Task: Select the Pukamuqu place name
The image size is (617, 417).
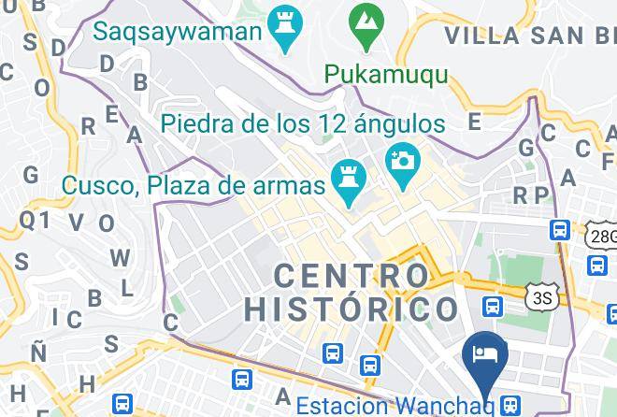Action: (385, 74)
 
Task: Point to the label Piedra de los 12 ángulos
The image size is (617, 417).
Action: (302, 123)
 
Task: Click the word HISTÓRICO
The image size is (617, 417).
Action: (352, 309)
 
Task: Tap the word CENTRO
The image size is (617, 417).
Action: (352, 276)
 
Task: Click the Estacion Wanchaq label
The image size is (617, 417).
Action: (395, 406)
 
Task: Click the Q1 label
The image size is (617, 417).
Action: (35, 221)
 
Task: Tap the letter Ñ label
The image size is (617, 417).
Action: (38, 351)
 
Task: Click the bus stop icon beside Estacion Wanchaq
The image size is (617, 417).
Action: (509, 405)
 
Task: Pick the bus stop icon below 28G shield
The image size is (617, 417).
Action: (597, 266)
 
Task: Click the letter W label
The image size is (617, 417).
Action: (119, 258)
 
